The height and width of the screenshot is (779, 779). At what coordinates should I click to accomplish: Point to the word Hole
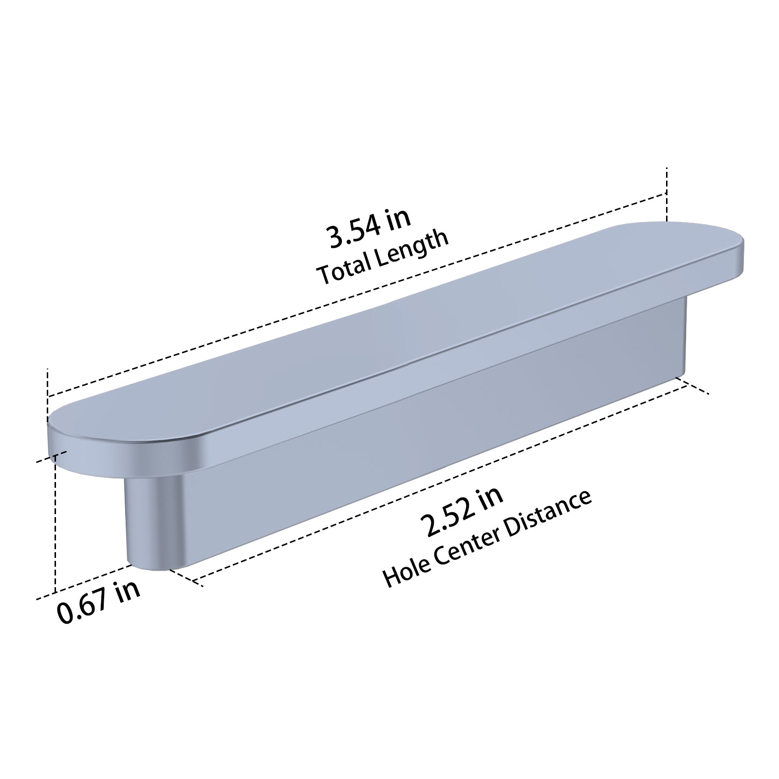(404, 571)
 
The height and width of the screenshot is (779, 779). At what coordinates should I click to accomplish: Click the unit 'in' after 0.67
(128, 591)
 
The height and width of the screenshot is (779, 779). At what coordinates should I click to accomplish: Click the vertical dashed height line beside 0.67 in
(56, 526)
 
